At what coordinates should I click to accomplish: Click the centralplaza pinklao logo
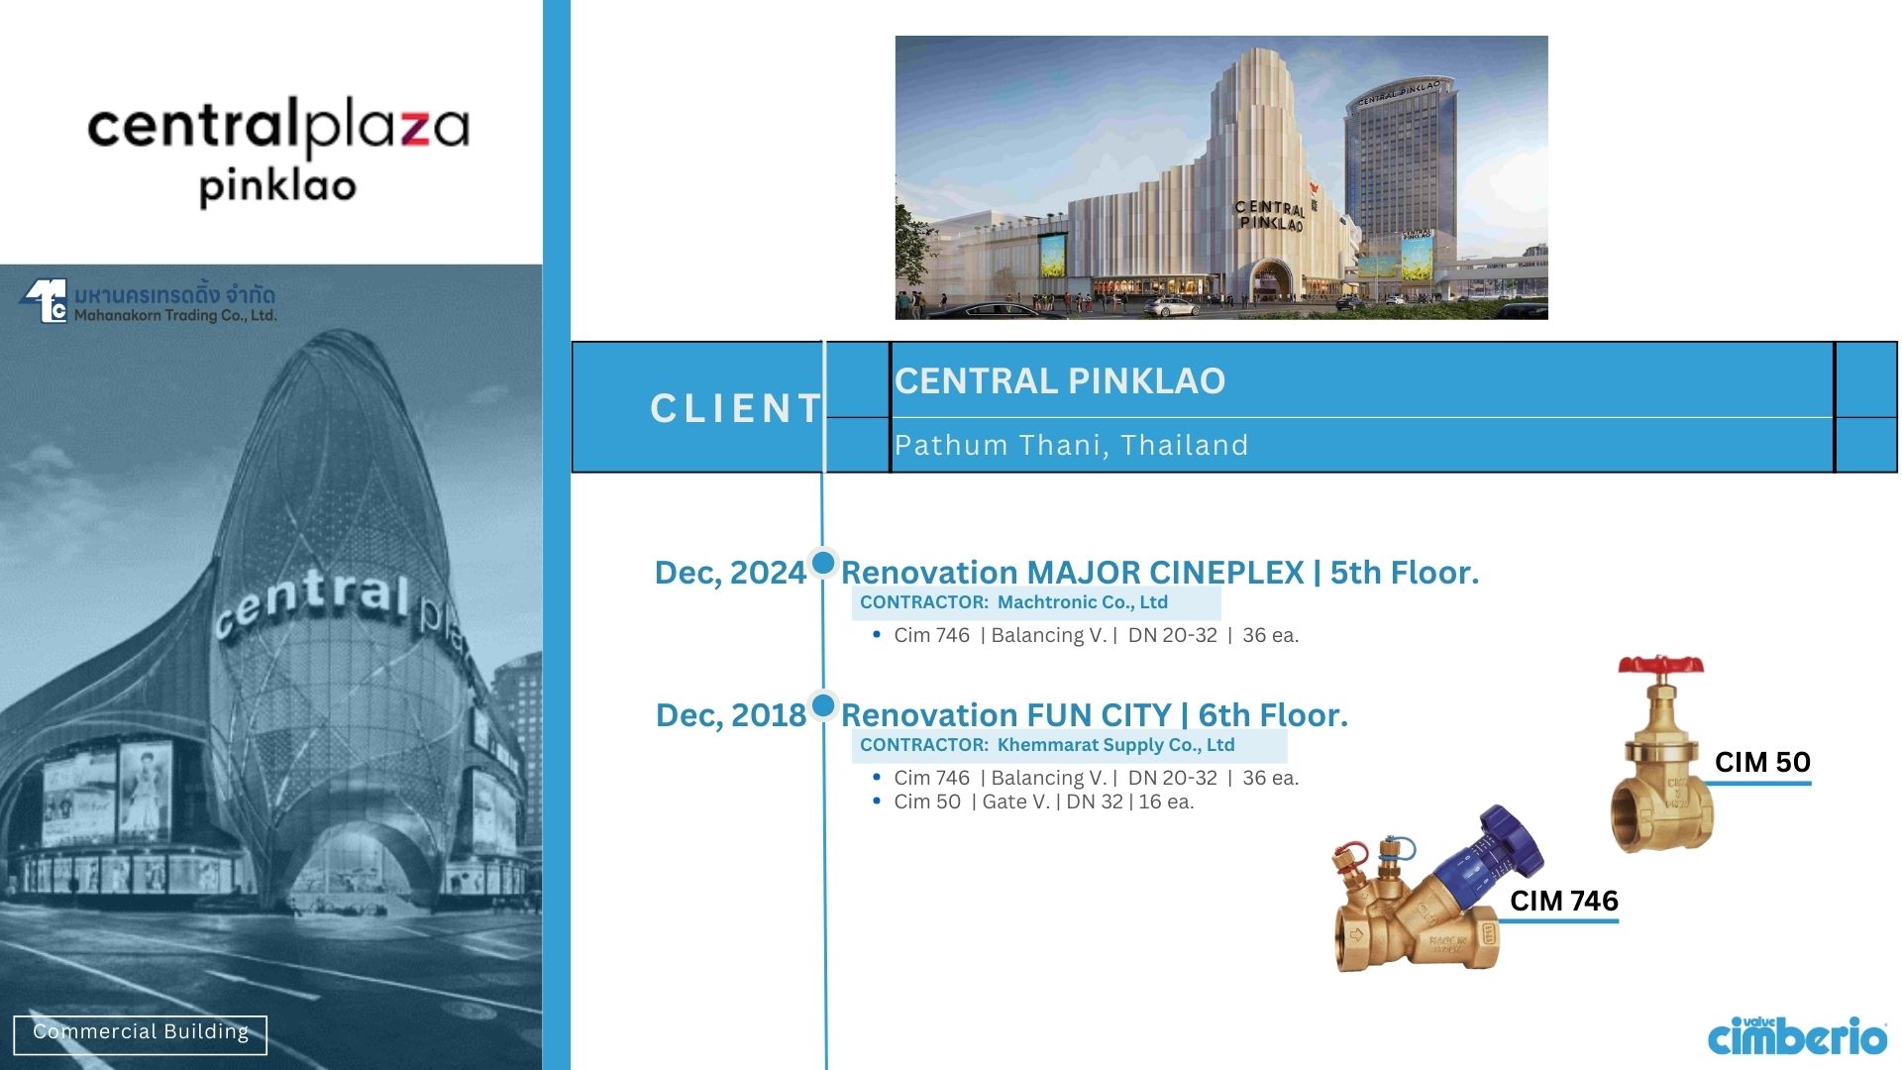click(278, 154)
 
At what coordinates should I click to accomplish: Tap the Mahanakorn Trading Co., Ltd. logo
click(149, 303)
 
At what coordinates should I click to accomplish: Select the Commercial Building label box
click(141, 1034)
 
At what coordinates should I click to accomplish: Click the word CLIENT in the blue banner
click(736, 408)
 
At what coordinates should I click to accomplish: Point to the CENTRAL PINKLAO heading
click(1060, 381)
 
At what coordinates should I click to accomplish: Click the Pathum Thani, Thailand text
click(1071, 446)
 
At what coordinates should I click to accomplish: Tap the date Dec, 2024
click(730, 573)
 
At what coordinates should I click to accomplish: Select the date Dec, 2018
click(731, 715)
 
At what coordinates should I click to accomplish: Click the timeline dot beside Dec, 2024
click(823, 563)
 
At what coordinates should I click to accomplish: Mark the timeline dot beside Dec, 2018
click(823, 705)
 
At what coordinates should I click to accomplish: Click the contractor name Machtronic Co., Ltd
click(1083, 602)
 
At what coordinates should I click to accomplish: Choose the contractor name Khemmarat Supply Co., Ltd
click(1116, 745)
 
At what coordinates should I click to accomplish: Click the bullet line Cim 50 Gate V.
click(1044, 802)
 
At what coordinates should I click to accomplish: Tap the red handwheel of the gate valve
click(1661, 665)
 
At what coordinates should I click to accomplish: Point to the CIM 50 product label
click(1762, 762)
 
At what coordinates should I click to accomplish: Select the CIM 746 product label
click(1564, 901)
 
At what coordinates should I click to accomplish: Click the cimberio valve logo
click(1797, 1035)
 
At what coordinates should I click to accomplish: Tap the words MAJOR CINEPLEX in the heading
click(1165, 573)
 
